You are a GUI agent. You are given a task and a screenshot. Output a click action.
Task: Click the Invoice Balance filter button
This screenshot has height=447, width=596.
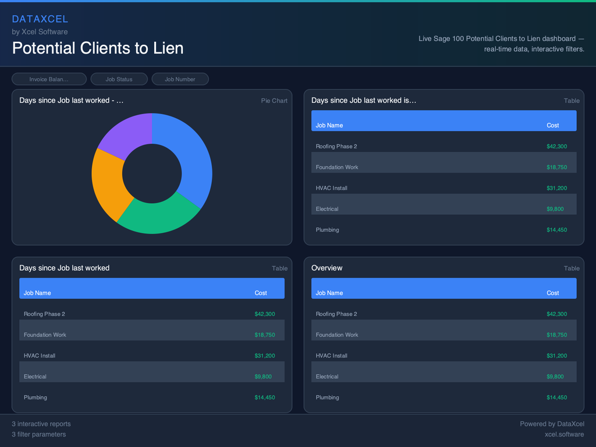49,79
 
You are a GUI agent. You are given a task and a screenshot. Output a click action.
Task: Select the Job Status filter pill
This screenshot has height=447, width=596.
119,79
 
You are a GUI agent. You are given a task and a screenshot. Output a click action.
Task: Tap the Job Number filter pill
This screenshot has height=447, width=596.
180,79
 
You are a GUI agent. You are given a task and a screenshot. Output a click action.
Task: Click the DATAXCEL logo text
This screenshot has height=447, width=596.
40,19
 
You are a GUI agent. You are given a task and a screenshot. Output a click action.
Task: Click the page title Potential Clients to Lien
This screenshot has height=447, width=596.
98,48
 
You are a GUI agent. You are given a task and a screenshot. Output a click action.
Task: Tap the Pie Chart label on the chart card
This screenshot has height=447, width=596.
274,101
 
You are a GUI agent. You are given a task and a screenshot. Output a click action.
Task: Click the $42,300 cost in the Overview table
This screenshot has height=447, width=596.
556,314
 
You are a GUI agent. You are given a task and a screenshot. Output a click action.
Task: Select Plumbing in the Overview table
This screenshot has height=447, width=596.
327,398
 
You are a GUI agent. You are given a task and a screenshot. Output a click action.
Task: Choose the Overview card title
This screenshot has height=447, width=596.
327,268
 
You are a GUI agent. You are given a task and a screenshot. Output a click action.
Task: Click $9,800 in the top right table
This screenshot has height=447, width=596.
555,209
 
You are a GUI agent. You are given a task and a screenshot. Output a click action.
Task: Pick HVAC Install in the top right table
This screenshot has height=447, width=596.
331,188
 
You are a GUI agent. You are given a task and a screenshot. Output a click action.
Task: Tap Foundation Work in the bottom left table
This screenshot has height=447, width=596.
45,335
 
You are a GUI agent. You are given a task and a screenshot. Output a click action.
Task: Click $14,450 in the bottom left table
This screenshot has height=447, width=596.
264,398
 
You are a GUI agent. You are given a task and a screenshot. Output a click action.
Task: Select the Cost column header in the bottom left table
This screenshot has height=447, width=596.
261,293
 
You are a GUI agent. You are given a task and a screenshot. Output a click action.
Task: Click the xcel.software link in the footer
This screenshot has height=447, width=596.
564,434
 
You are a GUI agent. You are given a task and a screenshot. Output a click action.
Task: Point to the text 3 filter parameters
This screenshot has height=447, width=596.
39,434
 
